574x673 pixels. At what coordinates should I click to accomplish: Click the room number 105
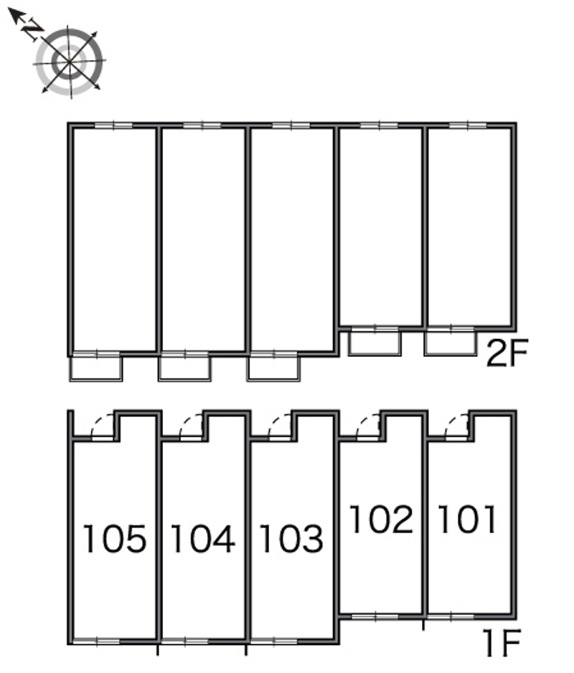(x=114, y=538)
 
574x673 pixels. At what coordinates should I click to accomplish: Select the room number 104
(x=203, y=538)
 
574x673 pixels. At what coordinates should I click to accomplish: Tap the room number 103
(x=291, y=538)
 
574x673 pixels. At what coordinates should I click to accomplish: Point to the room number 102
(x=382, y=520)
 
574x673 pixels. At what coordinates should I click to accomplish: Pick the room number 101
(x=467, y=520)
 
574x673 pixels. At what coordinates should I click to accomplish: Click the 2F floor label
(x=507, y=353)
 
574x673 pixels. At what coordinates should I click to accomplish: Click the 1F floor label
(x=502, y=642)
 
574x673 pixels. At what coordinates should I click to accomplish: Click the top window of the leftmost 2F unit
(x=113, y=125)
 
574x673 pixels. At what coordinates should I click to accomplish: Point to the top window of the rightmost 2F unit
(x=468, y=125)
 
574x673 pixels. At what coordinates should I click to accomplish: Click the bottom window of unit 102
(x=375, y=617)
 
